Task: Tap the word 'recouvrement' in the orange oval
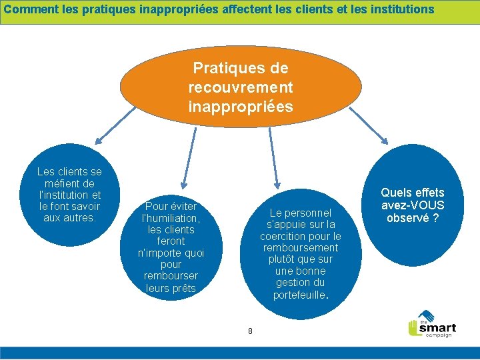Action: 241,87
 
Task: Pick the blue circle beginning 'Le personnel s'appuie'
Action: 300,253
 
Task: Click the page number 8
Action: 250,331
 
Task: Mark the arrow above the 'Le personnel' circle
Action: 273,160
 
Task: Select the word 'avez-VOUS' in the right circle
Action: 413,205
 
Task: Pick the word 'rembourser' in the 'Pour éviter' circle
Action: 171,276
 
